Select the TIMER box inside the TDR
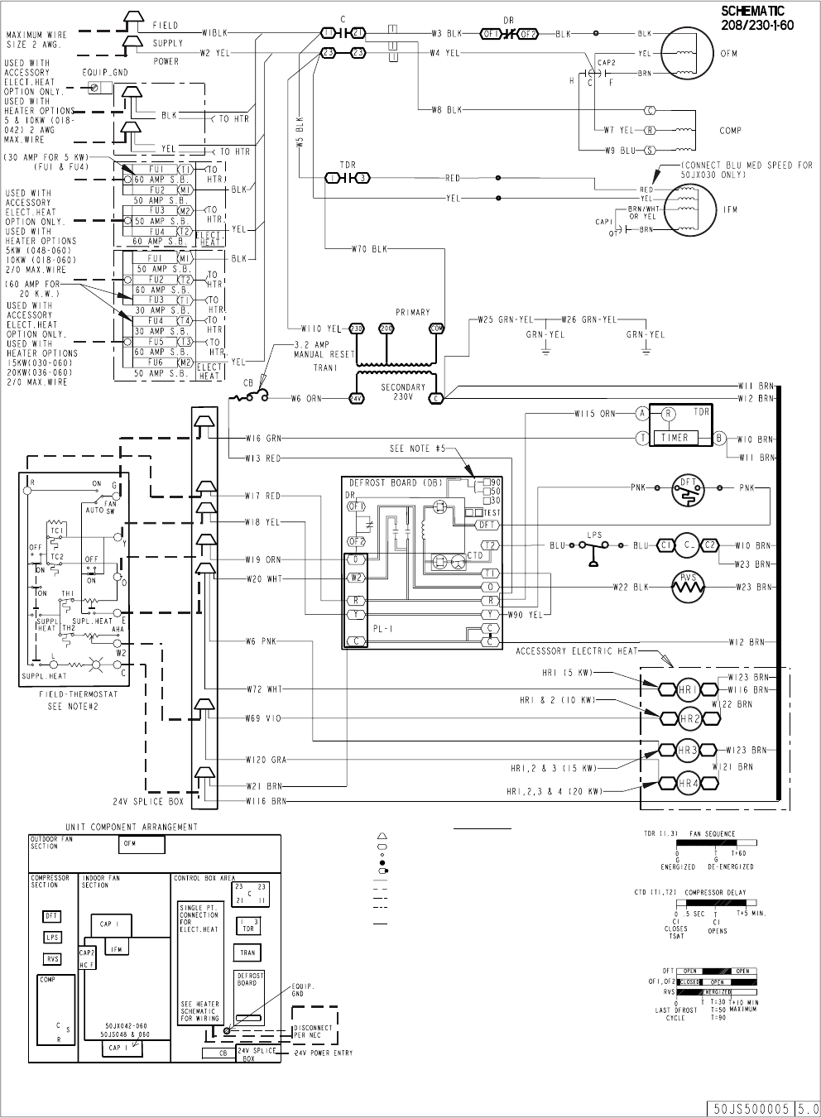coord(675,437)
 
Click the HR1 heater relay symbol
coord(688,689)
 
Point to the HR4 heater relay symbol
coord(688,783)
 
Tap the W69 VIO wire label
coord(263,718)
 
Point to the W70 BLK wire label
coord(367,248)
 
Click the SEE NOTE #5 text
coord(418,449)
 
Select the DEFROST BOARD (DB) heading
coord(396,482)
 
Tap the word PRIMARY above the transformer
coord(413,312)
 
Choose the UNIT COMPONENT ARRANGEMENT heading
coord(132,827)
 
